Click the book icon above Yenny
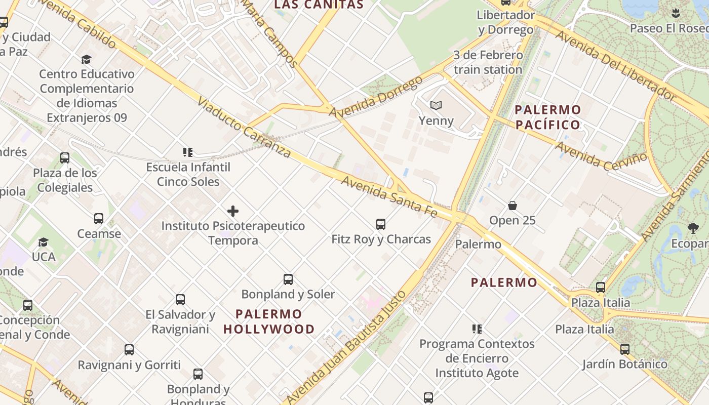coord(436,106)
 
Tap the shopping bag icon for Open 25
coord(513,206)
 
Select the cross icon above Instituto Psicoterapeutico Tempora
coord(233,211)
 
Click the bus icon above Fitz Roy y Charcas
coord(381,224)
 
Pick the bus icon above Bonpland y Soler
coord(288,279)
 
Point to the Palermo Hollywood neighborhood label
coord(269,321)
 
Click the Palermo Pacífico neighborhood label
coord(547,117)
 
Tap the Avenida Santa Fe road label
coord(389,196)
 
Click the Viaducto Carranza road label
coord(244,127)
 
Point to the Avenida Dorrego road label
coord(375,97)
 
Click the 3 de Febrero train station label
coord(488,62)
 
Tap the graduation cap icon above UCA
coord(44,242)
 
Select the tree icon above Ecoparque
coord(693,228)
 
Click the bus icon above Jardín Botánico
coord(625,349)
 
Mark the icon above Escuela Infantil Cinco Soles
coord(188,152)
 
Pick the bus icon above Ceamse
coord(99,219)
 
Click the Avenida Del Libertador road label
coord(615,65)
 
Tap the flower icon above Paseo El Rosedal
coord(675,13)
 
